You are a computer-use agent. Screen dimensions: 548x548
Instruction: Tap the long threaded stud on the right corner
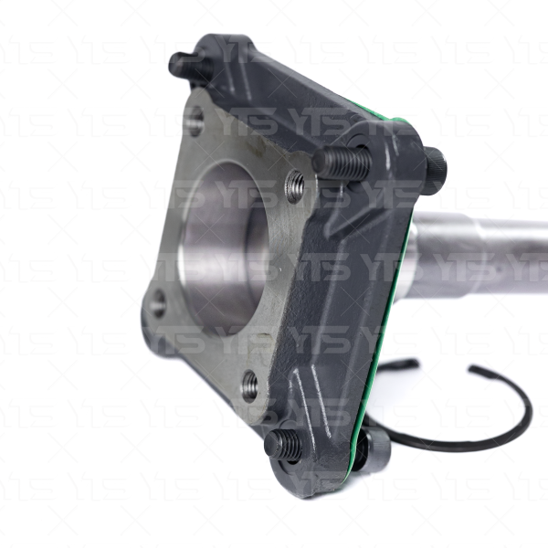click(x=342, y=163)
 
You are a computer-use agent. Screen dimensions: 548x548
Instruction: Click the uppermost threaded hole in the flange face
click(x=193, y=121)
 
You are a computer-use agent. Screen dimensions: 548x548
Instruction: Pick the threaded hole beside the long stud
click(x=295, y=186)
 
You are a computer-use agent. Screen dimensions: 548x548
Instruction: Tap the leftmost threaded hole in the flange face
click(x=158, y=303)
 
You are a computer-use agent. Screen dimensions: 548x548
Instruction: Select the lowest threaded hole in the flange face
click(x=250, y=385)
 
